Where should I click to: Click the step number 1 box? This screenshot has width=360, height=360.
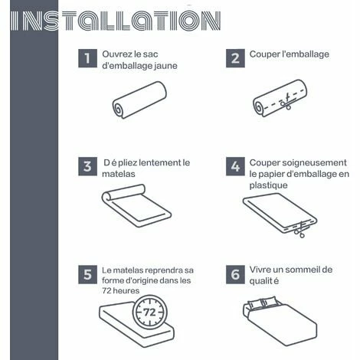pos(87,58)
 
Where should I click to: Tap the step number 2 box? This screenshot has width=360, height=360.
pos(235,58)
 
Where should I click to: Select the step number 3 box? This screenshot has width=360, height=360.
pos(87,166)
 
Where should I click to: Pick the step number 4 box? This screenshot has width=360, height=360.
pos(235,166)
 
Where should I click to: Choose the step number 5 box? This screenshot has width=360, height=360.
pos(87,274)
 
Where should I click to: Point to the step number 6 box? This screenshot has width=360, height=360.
pos(235,274)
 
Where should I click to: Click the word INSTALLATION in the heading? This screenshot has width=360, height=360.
pos(116,21)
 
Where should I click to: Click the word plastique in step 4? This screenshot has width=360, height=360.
pos(268,185)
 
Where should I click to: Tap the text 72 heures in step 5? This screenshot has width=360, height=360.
pos(121,290)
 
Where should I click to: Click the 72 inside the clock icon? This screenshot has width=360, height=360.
pos(149,312)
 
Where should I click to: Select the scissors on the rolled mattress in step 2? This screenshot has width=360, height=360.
pos(286,102)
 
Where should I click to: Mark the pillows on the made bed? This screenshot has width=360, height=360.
pos(262,302)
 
